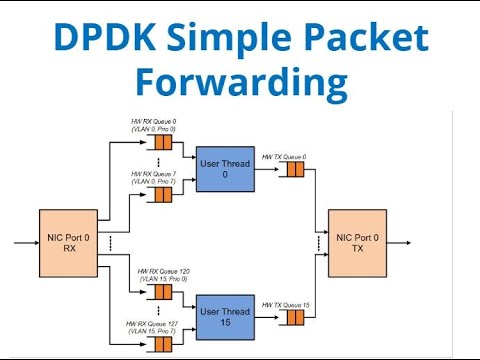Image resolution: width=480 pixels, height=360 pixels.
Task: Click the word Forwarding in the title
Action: (x=240, y=82)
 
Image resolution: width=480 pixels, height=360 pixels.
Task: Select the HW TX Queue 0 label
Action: (x=284, y=157)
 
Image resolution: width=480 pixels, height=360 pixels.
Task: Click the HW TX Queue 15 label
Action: (x=284, y=304)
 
